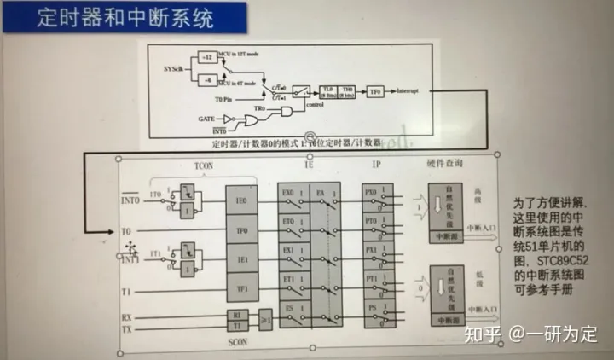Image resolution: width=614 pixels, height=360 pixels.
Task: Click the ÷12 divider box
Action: tap(206, 57)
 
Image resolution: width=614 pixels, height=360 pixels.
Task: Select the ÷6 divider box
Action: tap(206, 78)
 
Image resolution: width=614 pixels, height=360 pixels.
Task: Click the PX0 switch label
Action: tap(371, 194)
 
